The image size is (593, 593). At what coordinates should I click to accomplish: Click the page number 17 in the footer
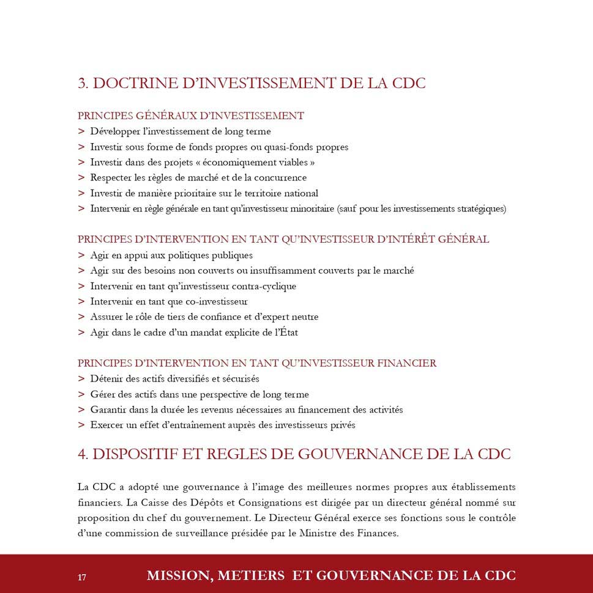[82, 577]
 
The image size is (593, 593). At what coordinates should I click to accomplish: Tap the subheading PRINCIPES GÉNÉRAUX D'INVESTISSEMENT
[191, 116]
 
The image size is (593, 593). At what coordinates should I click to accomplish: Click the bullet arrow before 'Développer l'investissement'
[81, 131]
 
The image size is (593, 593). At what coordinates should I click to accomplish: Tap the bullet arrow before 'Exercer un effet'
[81, 425]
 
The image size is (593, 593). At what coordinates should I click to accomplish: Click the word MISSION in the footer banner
[178, 576]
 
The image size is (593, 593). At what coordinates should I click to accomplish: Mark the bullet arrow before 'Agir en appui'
[81, 256]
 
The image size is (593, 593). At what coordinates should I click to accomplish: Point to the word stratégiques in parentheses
[480, 209]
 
